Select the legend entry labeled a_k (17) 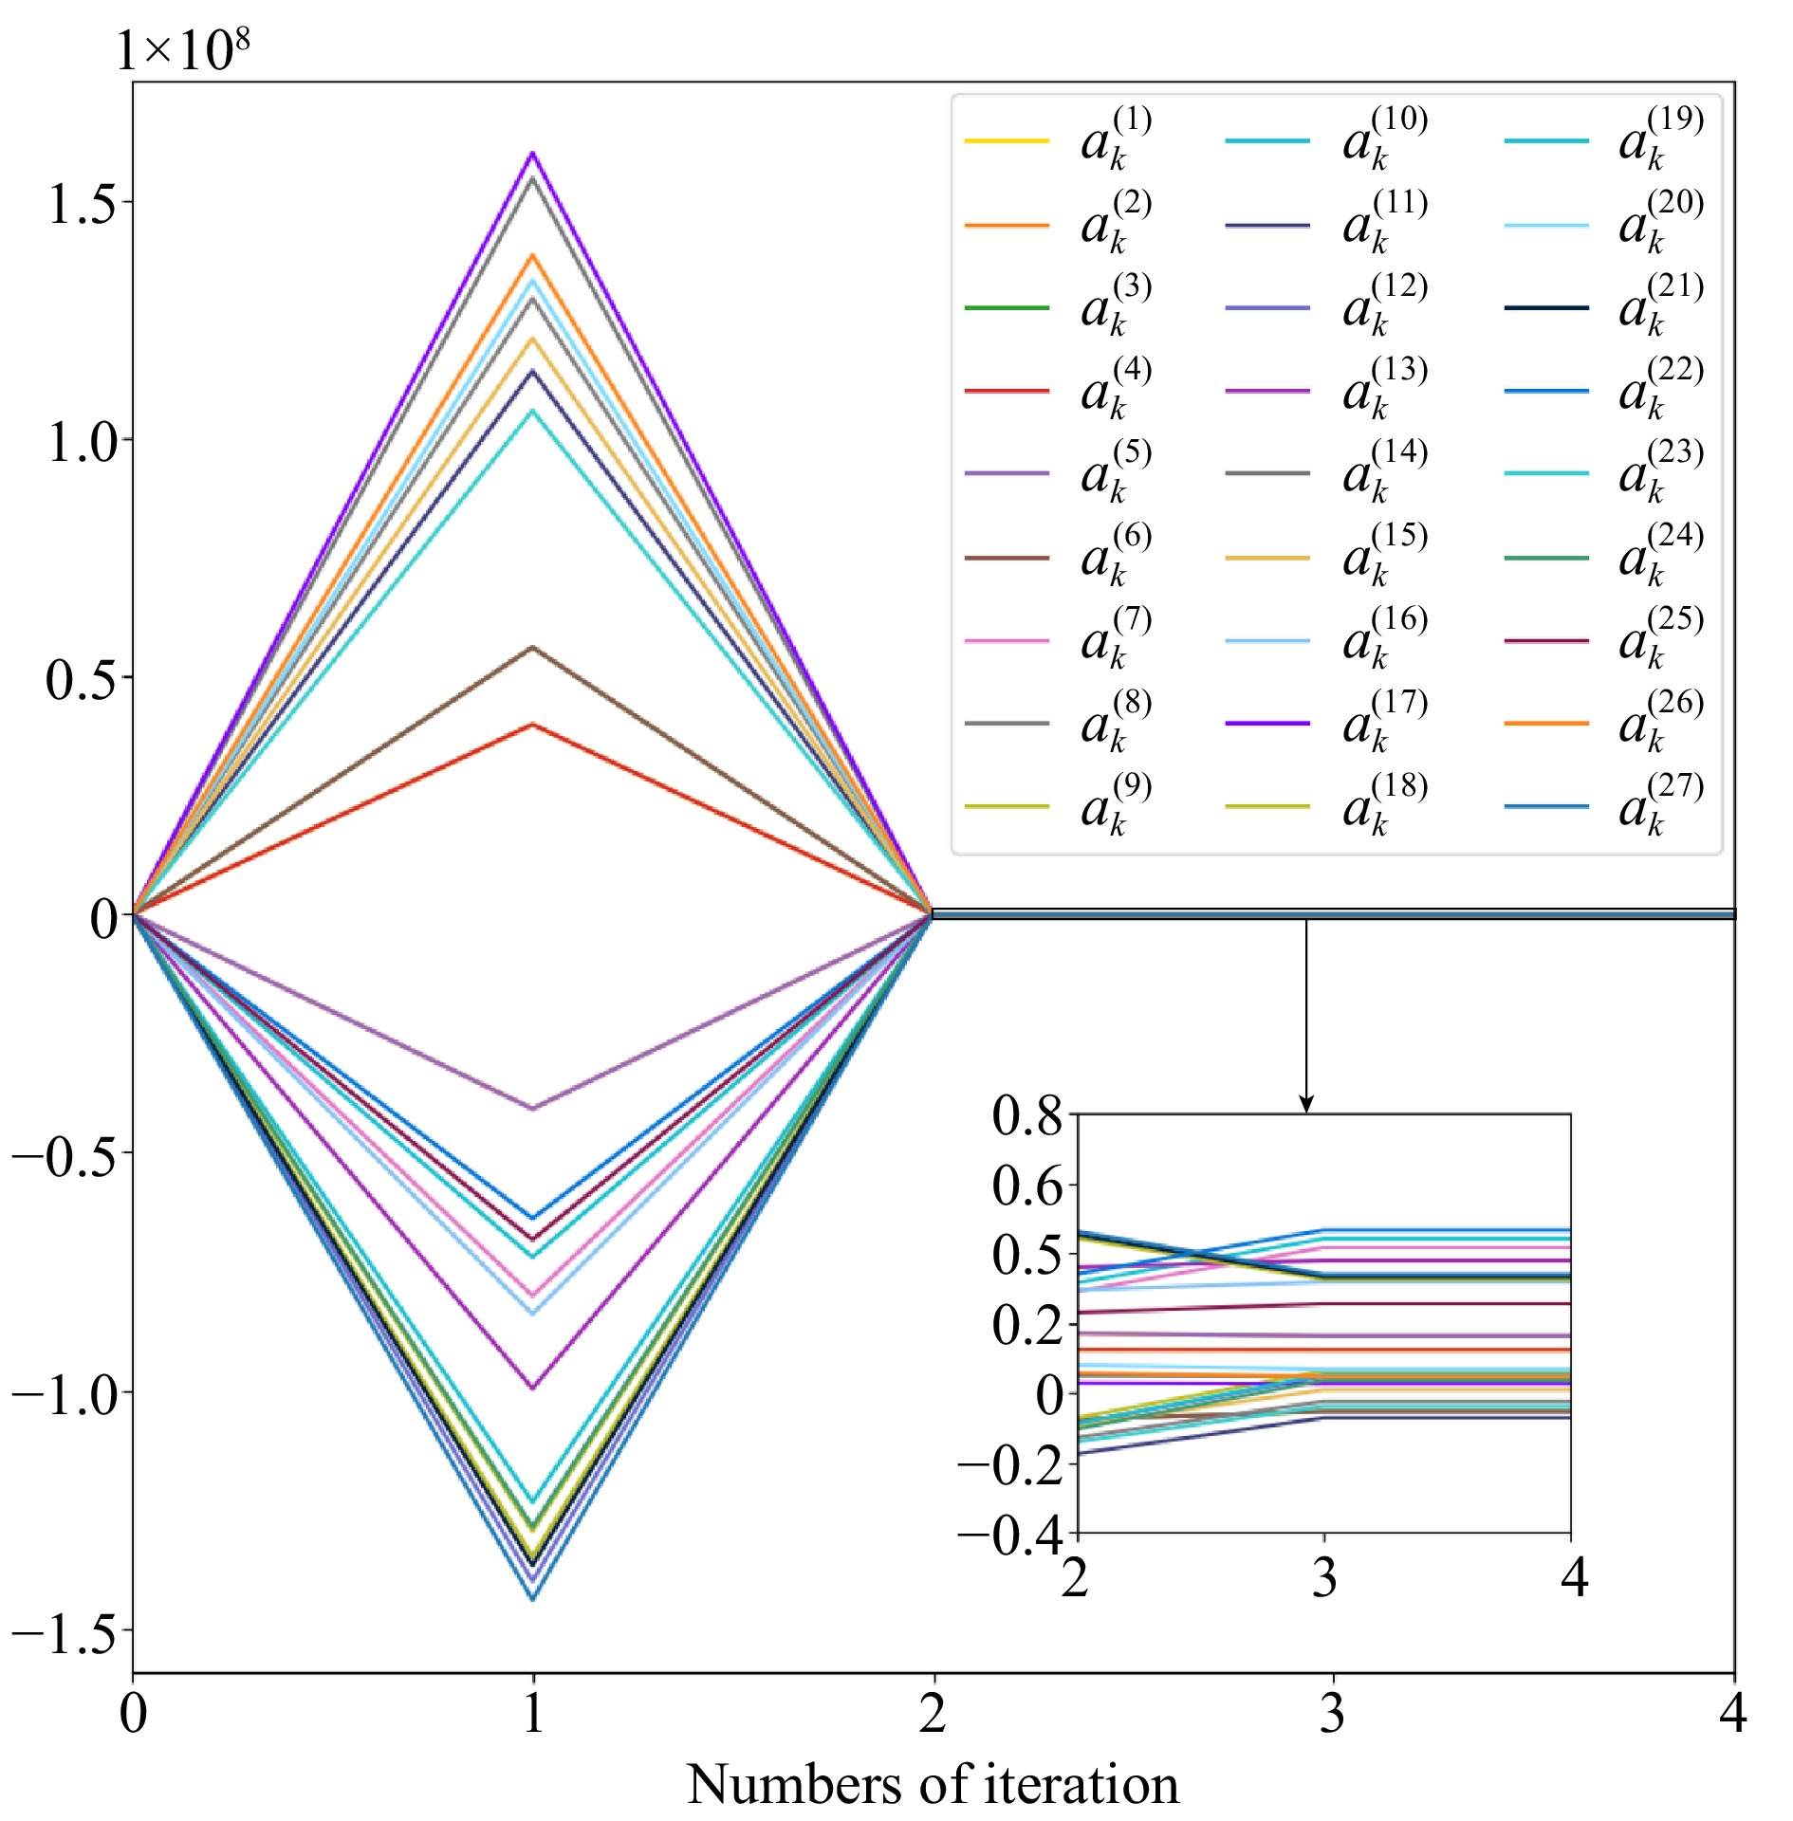coord(1325,724)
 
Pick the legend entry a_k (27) coord(1603,807)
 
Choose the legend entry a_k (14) coord(1325,473)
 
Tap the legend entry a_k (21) coord(1603,308)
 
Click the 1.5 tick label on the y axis coord(82,203)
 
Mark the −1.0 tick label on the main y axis coord(64,1391)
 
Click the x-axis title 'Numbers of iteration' coord(933,1784)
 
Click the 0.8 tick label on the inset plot coord(1027,1116)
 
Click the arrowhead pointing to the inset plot coord(1306,1105)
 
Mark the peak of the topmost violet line coord(533,153)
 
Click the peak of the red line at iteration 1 coord(533,725)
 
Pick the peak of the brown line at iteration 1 coord(533,647)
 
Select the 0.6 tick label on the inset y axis coord(1027,1186)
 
